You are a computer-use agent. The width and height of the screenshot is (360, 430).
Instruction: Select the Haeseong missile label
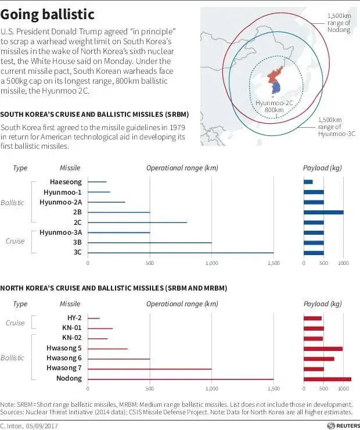65,182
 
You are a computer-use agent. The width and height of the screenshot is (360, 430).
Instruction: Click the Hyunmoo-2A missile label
60,202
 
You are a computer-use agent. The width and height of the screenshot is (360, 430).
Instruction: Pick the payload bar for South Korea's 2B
323,212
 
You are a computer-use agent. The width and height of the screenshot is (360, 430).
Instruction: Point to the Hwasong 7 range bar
150,369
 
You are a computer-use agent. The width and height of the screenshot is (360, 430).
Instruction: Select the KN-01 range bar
100,328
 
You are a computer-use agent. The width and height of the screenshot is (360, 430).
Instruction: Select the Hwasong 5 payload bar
323,349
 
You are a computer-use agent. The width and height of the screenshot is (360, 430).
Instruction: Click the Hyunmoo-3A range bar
118,232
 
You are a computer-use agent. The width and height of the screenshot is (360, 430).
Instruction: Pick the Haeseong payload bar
308,182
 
